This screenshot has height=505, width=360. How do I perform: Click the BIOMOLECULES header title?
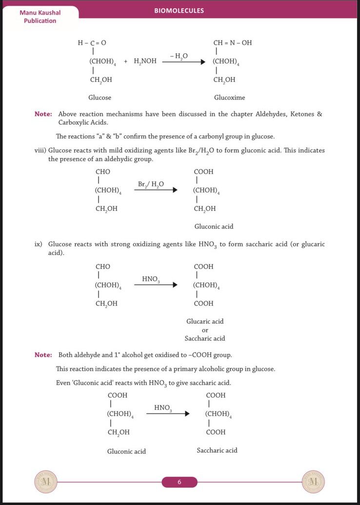(179, 10)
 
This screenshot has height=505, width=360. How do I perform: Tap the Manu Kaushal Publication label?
(40, 17)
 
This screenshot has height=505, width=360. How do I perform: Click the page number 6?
(179, 482)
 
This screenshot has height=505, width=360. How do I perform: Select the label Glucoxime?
(229, 98)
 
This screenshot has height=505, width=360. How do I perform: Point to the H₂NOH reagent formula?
(145, 61)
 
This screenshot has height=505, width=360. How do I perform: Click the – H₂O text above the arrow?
(179, 56)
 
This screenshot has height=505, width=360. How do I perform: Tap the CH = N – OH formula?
(233, 43)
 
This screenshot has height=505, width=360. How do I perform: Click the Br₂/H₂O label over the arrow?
(151, 184)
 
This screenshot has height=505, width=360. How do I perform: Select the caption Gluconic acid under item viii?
(214, 226)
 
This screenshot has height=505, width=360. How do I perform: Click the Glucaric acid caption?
(205, 322)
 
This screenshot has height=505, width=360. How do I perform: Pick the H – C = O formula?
(92, 43)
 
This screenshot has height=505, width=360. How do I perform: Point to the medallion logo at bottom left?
(46, 482)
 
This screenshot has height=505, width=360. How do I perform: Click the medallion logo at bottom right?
(313, 482)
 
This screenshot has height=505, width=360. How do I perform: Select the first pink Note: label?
(43, 114)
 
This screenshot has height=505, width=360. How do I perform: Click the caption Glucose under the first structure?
(100, 98)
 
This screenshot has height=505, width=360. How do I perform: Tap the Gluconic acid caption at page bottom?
(126, 451)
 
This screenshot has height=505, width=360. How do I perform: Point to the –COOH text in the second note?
(199, 355)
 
